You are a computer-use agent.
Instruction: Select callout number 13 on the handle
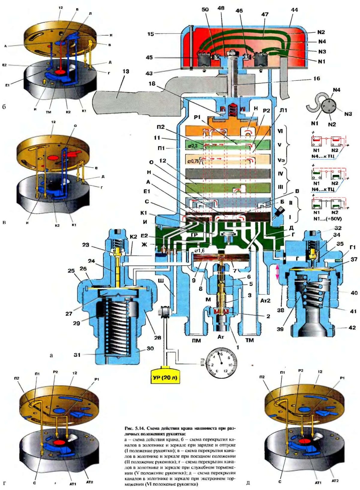(x=126, y=71)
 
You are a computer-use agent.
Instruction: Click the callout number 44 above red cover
(x=294, y=10)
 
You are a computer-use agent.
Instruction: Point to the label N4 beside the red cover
(x=322, y=42)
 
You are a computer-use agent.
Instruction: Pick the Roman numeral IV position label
(x=281, y=174)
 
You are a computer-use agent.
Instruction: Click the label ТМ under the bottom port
(x=249, y=340)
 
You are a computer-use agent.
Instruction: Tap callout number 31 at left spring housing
(x=77, y=355)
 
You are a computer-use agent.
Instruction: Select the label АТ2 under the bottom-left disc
(x=89, y=482)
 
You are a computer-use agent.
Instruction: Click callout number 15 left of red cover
(x=151, y=34)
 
